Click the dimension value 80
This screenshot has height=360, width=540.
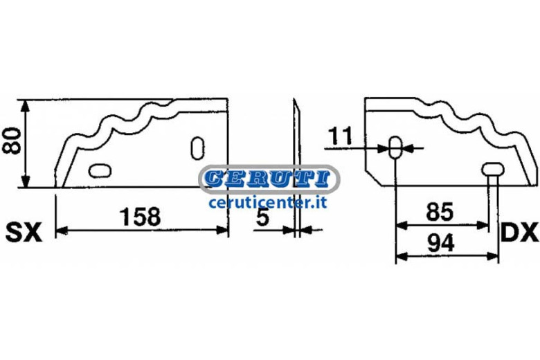coord(11,141)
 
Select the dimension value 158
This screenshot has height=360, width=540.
coord(140,217)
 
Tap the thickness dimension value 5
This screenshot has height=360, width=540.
coord(262,217)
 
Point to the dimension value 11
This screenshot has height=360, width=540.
coord(339,136)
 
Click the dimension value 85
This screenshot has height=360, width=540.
coord(440,213)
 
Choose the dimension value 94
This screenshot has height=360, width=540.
coord(441,242)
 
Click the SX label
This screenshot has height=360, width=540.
coord(24,233)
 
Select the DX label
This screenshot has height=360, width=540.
coord(520,233)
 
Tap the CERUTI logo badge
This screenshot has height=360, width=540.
coord(269,179)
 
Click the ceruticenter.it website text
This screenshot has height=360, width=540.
coord(268,203)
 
